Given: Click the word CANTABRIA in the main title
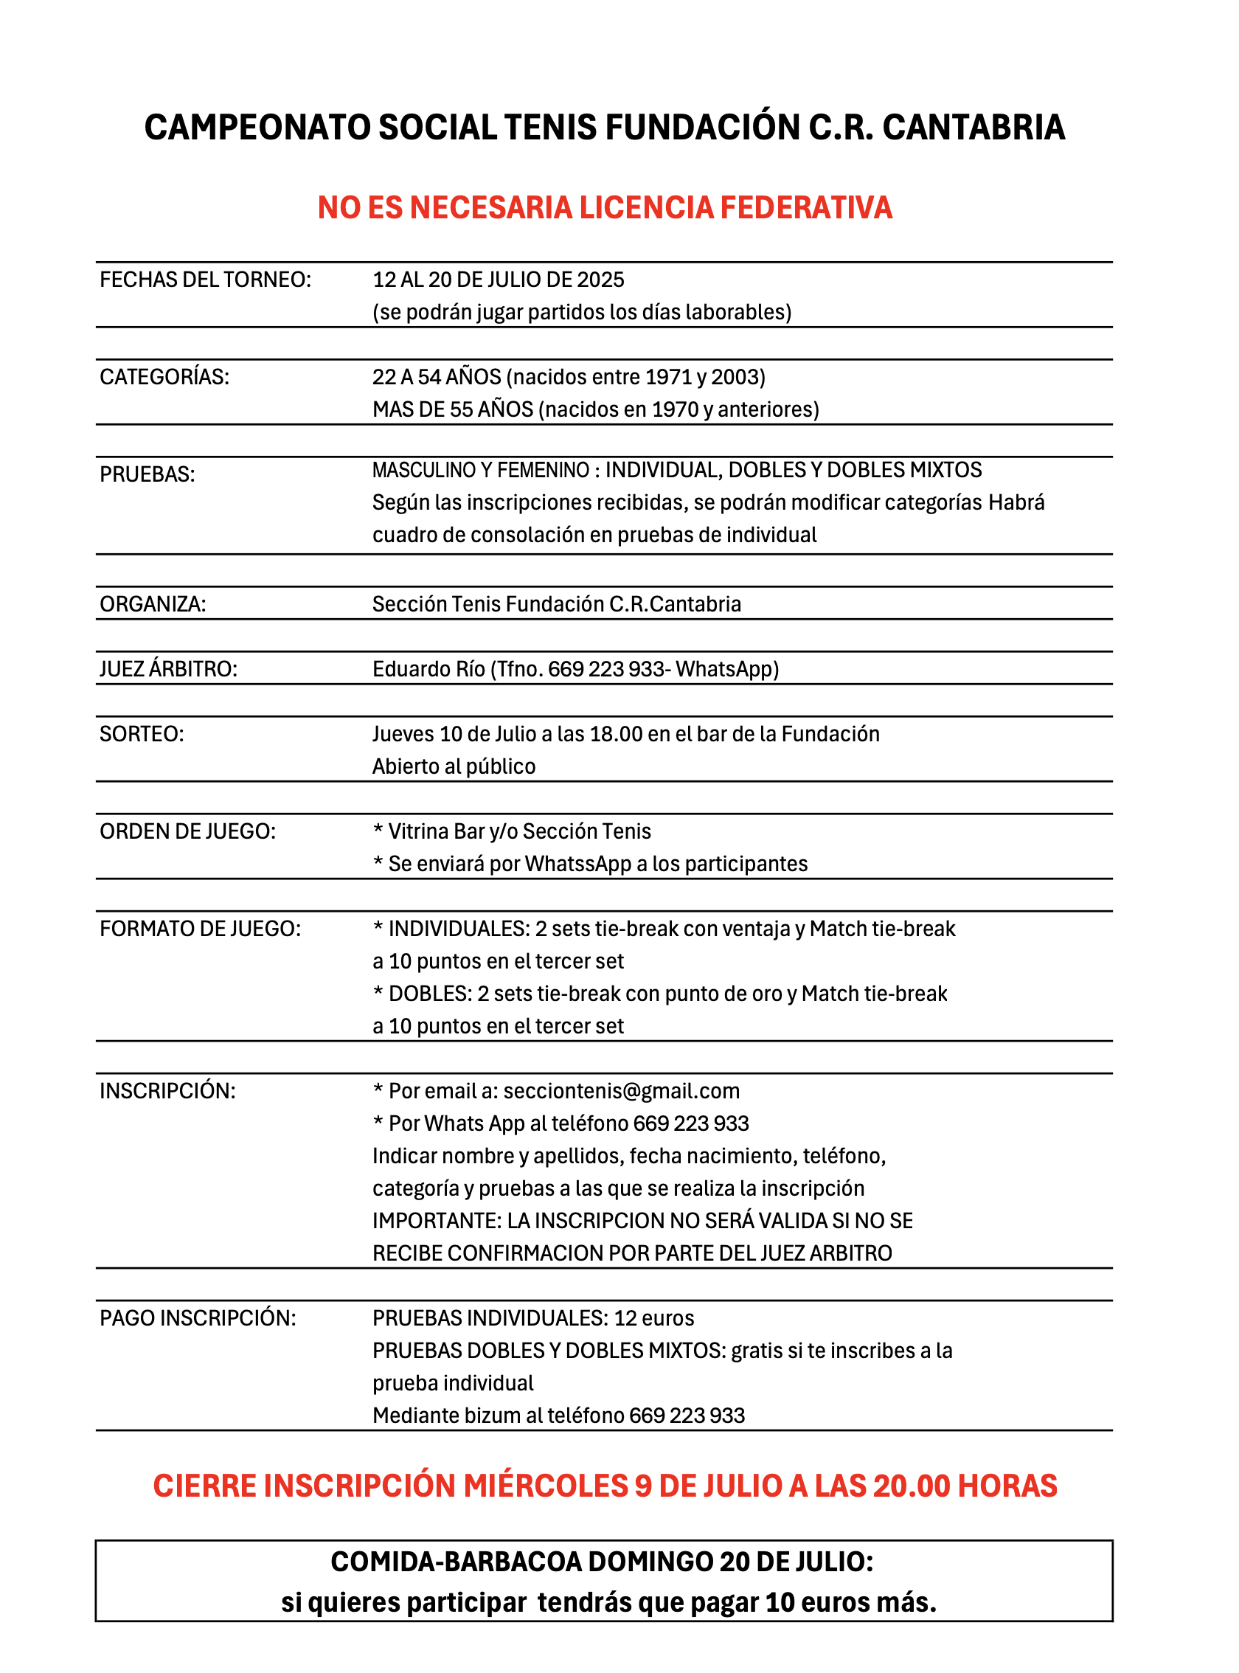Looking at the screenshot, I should [974, 128].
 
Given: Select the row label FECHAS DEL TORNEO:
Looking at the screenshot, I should [205, 280].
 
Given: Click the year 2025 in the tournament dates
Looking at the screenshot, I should [601, 280].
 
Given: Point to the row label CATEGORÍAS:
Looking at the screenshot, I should [164, 377].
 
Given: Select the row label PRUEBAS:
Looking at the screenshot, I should [147, 474].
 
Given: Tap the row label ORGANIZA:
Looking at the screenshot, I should [152, 604].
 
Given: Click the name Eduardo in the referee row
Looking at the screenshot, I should [410, 669].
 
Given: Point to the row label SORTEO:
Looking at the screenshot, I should [142, 734].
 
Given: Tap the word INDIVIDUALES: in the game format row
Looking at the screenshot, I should [459, 929].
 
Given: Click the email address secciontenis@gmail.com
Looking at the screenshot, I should [621, 1091].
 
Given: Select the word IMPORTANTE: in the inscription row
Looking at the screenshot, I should [437, 1221].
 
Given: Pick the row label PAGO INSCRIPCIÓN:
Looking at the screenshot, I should [198, 1318].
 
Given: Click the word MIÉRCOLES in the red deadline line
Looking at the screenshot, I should [545, 1486].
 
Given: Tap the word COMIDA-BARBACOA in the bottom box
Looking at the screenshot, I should [456, 1562].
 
